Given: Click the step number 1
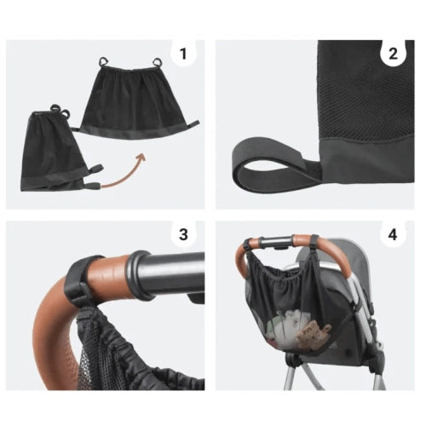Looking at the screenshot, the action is pos(184,54).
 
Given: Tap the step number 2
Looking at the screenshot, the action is pos(393,54).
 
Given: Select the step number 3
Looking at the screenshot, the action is pos(183,234).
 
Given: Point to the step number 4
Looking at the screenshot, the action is pos(393,234).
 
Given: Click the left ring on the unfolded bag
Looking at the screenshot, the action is pos(104,61).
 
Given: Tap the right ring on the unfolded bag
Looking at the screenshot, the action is pos(157,62).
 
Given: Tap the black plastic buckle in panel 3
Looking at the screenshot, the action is pos(81,298).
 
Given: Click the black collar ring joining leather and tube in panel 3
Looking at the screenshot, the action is pos(139,275).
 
